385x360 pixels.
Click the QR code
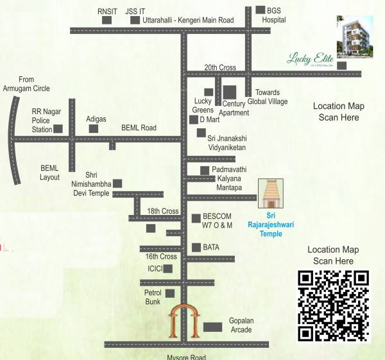pos(334,305)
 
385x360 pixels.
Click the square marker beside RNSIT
pos(107,20)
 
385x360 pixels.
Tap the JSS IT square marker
pos(135,20)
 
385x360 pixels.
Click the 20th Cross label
pos(220,67)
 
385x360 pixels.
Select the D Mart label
pos(210,119)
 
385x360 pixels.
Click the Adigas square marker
pos(94,128)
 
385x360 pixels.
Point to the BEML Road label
pos(139,128)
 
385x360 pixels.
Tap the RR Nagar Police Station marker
pos(58,128)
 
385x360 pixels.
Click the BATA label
pos(211,247)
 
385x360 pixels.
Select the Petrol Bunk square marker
pos(170,293)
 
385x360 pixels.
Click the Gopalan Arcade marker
pos(212,327)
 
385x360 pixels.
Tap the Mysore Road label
pos(186,357)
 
